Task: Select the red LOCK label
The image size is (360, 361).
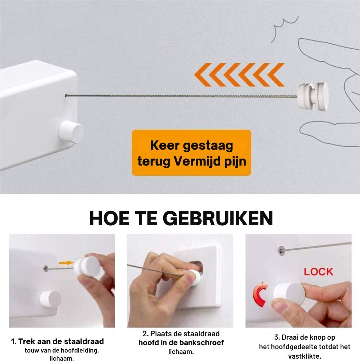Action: click(x=318, y=272)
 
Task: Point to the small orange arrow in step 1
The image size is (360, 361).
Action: click(x=66, y=263)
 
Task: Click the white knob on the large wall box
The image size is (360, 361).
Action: click(x=71, y=132)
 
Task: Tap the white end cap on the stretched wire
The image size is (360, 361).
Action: click(x=313, y=98)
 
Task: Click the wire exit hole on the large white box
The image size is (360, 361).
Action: click(x=66, y=96)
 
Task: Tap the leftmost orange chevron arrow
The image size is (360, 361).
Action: click(x=203, y=75)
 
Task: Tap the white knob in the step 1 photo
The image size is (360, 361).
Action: click(x=51, y=299)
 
